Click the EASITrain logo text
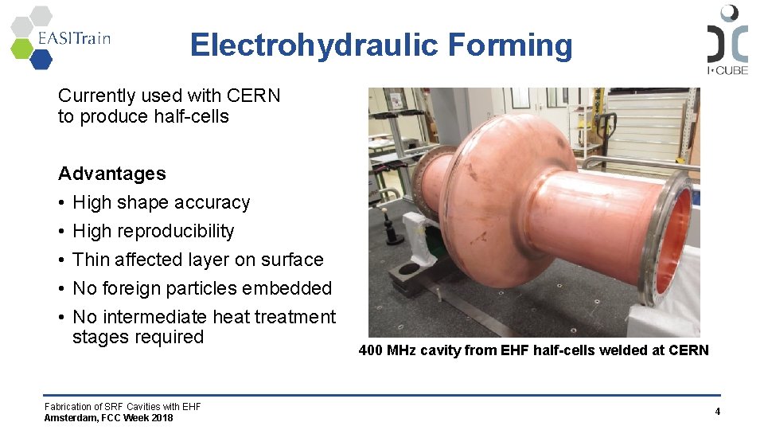click(x=73, y=37)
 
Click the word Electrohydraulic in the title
click(x=314, y=45)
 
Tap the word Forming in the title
click(x=509, y=45)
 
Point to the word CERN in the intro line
click(x=253, y=96)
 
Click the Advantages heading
click(x=112, y=174)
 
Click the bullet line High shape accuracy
click(x=161, y=202)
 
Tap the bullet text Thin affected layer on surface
click(x=197, y=260)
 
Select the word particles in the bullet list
click(x=217, y=288)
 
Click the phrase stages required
click(x=138, y=337)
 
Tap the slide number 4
click(x=717, y=412)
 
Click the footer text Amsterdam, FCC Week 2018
click(x=108, y=418)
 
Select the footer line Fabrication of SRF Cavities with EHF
click(x=123, y=407)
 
